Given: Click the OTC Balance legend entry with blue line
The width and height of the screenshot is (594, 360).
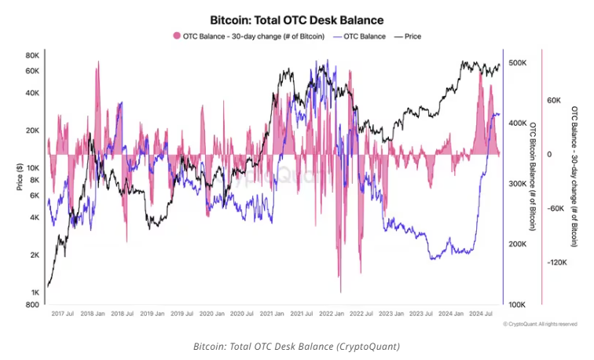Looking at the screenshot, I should [x=360, y=35].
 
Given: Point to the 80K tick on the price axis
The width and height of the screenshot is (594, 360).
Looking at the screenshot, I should [x=33, y=56].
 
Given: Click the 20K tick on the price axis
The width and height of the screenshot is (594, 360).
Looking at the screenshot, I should [x=33, y=130].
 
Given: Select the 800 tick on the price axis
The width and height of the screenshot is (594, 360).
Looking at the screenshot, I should [x=33, y=304].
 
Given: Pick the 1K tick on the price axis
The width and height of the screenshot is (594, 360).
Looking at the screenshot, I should [x=35, y=292].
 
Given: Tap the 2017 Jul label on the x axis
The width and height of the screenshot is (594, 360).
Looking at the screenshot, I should [x=63, y=313].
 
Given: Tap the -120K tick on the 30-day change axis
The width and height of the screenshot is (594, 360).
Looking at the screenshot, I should [x=555, y=263].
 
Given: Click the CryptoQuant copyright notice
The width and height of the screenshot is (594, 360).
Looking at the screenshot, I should [x=539, y=324].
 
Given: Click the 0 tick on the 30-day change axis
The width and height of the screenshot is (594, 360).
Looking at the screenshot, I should [x=549, y=154].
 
